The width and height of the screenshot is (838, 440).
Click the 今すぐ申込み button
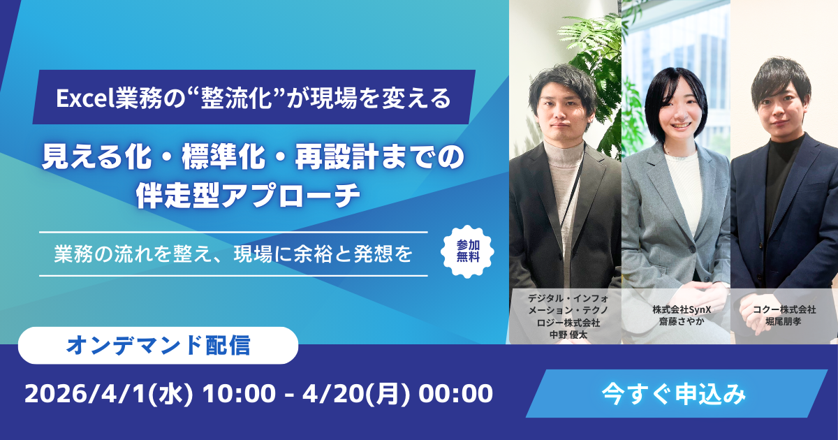675,393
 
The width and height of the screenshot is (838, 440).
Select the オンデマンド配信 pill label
158,344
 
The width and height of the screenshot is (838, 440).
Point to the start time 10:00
235,393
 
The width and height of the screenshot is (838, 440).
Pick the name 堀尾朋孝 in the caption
784,322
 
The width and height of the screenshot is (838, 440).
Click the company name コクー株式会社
784,309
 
